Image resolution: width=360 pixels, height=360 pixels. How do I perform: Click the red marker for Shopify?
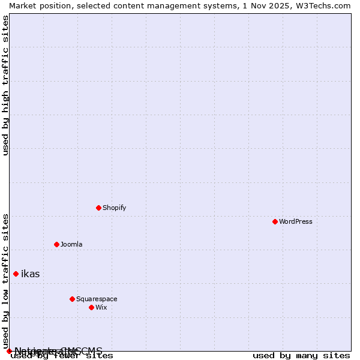coord(98,208)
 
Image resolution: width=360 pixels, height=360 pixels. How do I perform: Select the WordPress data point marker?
coord(275,221)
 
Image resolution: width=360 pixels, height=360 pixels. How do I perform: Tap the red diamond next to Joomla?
coord(56,244)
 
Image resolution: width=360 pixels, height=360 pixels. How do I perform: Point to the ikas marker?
coord(16,274)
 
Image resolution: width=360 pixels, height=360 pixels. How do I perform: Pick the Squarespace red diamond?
coord(72,299)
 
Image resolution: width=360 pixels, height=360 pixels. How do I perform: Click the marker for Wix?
coord(91,307)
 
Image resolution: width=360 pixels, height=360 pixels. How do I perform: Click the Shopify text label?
coord(114,208)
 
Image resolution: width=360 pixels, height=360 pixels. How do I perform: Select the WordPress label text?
coord(295,221)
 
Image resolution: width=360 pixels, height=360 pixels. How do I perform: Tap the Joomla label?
coord(71,244)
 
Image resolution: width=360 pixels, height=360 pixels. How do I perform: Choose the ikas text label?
coord(30,274)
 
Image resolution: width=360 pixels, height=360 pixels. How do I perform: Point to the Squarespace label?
coord(97,299)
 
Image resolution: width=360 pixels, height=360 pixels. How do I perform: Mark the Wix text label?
coord(101,307)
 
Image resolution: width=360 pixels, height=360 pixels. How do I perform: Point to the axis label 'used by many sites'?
coord(301,356)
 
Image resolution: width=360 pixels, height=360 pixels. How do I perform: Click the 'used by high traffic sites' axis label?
coord(6,85)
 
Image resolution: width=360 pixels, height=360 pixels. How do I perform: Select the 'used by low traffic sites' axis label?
coord(6,281)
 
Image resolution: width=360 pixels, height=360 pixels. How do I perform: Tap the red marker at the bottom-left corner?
coord(9,351)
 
